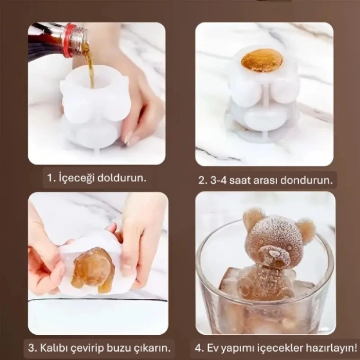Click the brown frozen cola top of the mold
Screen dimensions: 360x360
pyautogui.click(x=262, y=60)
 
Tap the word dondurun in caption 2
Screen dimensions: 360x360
pyautogui.click(x=309, y=181)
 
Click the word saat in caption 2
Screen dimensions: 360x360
pyautogui.click(x=247, y=181)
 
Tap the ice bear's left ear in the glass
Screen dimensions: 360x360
pyautogui.click(x=254, y=219)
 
